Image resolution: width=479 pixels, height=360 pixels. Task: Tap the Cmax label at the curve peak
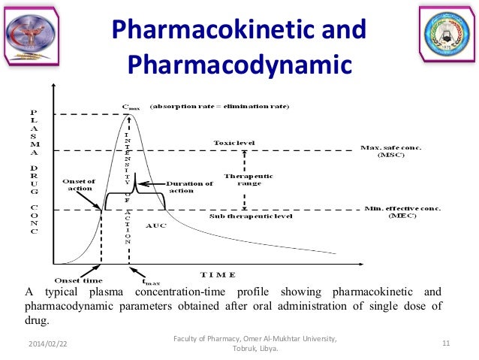point(131,107)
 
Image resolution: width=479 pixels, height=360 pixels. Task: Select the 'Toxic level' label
point(234,142)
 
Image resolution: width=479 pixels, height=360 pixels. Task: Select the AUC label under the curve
point(156,225)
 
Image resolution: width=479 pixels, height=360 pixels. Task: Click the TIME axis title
point(218,274)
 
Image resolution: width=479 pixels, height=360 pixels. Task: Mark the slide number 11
point(446,343)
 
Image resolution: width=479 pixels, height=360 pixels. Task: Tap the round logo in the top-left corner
point(31,35)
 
